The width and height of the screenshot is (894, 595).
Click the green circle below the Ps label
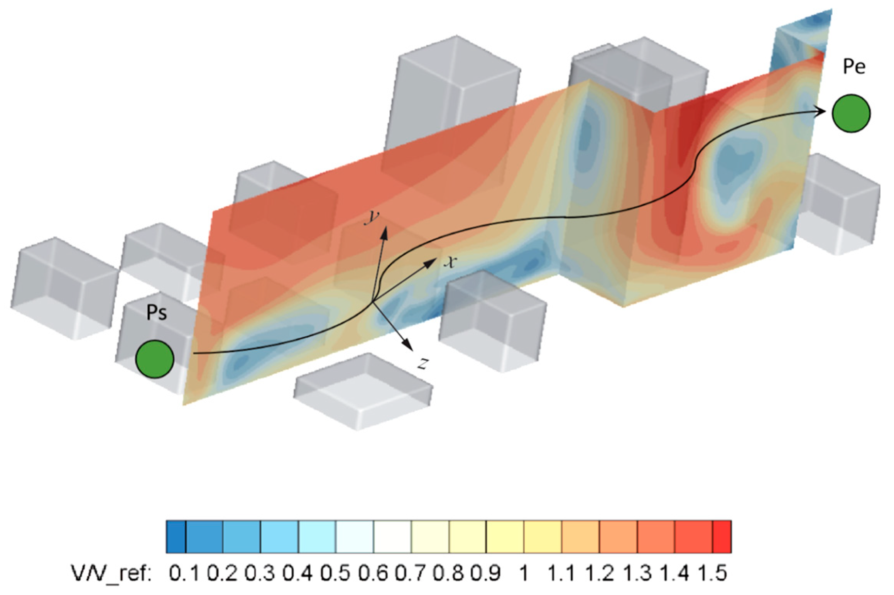pos(155,359)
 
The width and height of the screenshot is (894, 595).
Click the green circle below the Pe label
pos(851,113)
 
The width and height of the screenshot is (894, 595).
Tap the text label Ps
pos(156,313)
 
